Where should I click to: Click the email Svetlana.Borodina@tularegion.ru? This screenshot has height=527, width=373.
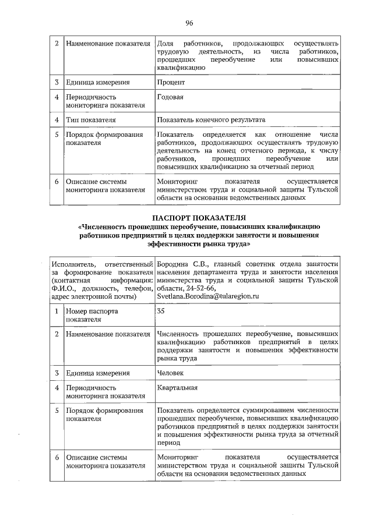[207, 296]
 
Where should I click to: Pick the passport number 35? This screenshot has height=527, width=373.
[161, 311]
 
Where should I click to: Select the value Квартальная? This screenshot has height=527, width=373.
[177, 388]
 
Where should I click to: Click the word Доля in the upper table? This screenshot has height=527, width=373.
[165, 44]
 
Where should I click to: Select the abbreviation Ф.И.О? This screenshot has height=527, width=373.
[63, 289]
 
